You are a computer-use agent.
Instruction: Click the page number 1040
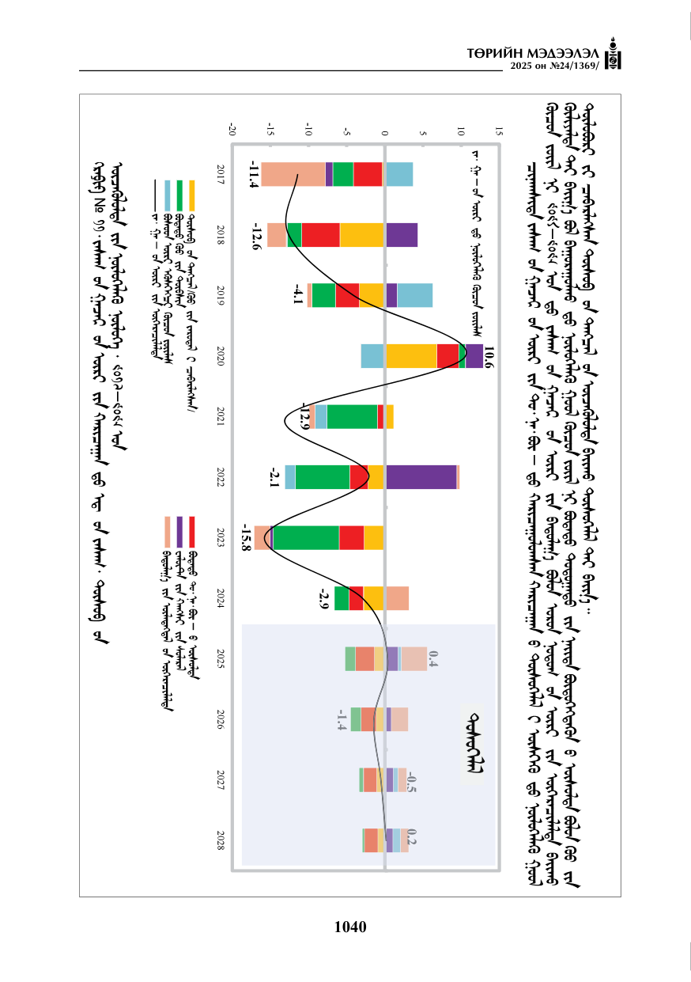[x=350, y=927]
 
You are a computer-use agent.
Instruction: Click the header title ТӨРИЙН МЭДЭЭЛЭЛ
[x=533, y=54]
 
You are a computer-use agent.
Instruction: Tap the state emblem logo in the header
[x=613, y=54]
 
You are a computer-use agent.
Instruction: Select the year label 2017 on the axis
[x=221, y=174]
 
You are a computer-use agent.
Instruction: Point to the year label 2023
[x=221, y=537]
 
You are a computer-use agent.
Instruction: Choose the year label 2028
[x=221, y=840]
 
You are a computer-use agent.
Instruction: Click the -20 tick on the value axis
[x=232, y=131]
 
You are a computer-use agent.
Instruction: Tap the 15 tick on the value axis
[x=499, y=131]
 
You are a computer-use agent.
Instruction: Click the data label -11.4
[x=253, y=174]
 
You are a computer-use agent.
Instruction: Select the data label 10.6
[x=489, y=356]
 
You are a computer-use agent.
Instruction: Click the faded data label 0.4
[x=433, y=658]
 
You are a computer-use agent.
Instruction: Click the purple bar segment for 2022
[x=421, y=477]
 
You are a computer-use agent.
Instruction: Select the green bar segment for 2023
[x=306, y=537]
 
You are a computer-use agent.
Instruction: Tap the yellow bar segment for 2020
[x=411, y=356]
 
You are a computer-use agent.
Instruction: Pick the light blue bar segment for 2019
[x=415, y=295]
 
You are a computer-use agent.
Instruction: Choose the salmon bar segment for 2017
[x=293, y=174]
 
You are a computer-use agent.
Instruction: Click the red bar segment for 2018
[x=320, y=235]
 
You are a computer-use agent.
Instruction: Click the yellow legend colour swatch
[x=191, y=195]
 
